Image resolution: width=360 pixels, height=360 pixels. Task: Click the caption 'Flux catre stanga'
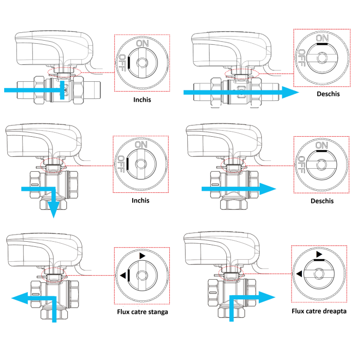[142, 312]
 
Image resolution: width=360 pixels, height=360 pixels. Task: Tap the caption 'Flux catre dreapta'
[319, 311]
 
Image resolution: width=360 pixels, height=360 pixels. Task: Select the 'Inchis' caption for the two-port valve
[142, 100]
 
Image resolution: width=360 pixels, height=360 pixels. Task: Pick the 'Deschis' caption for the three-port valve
[322, 201]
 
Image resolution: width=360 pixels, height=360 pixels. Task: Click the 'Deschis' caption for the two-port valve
[328, 94]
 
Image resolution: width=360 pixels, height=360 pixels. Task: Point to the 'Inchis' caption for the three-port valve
[140, 201]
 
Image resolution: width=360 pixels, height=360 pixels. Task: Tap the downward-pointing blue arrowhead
[53, 209]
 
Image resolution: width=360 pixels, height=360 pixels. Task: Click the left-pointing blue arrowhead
[20, 298]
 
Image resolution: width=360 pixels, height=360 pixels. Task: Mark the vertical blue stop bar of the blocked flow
[62, 90]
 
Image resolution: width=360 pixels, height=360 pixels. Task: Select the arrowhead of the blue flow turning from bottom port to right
[267, 297]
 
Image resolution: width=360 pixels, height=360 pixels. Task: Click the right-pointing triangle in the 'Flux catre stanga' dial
[142, 256]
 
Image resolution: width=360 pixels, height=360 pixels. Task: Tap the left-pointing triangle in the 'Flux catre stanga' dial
[123, 275]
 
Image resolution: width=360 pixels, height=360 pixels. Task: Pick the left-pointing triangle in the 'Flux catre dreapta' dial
[299, 274]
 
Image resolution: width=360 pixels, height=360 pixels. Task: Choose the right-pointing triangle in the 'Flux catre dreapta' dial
[319, 254]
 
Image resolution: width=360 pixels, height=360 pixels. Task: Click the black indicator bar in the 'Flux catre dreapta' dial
[319, 260]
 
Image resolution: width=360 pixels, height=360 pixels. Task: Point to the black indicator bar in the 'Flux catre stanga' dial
[129, 275]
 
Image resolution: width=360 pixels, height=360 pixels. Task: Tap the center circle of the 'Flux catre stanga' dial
[142, 275]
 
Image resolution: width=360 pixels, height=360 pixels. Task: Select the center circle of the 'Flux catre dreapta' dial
[319, 274]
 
